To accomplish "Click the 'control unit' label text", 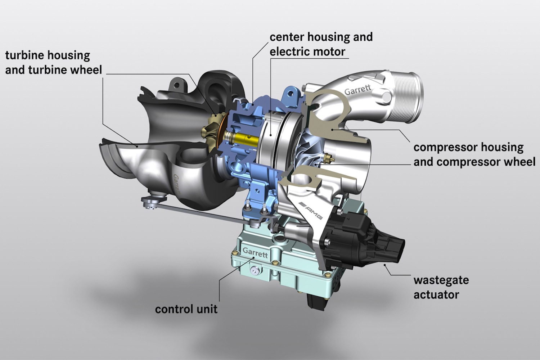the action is [x=186, y=309].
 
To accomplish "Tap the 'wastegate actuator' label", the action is [x=441, y=287].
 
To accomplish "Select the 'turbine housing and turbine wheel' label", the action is [x=54, y=62].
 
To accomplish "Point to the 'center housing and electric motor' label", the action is [x=321, y=44].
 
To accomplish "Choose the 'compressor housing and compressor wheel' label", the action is [x=474, y=154].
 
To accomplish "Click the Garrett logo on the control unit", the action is [x=255, y=253].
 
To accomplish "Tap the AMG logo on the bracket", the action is [x=311, y=210].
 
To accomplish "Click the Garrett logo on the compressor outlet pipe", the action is [x=357, y=90].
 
